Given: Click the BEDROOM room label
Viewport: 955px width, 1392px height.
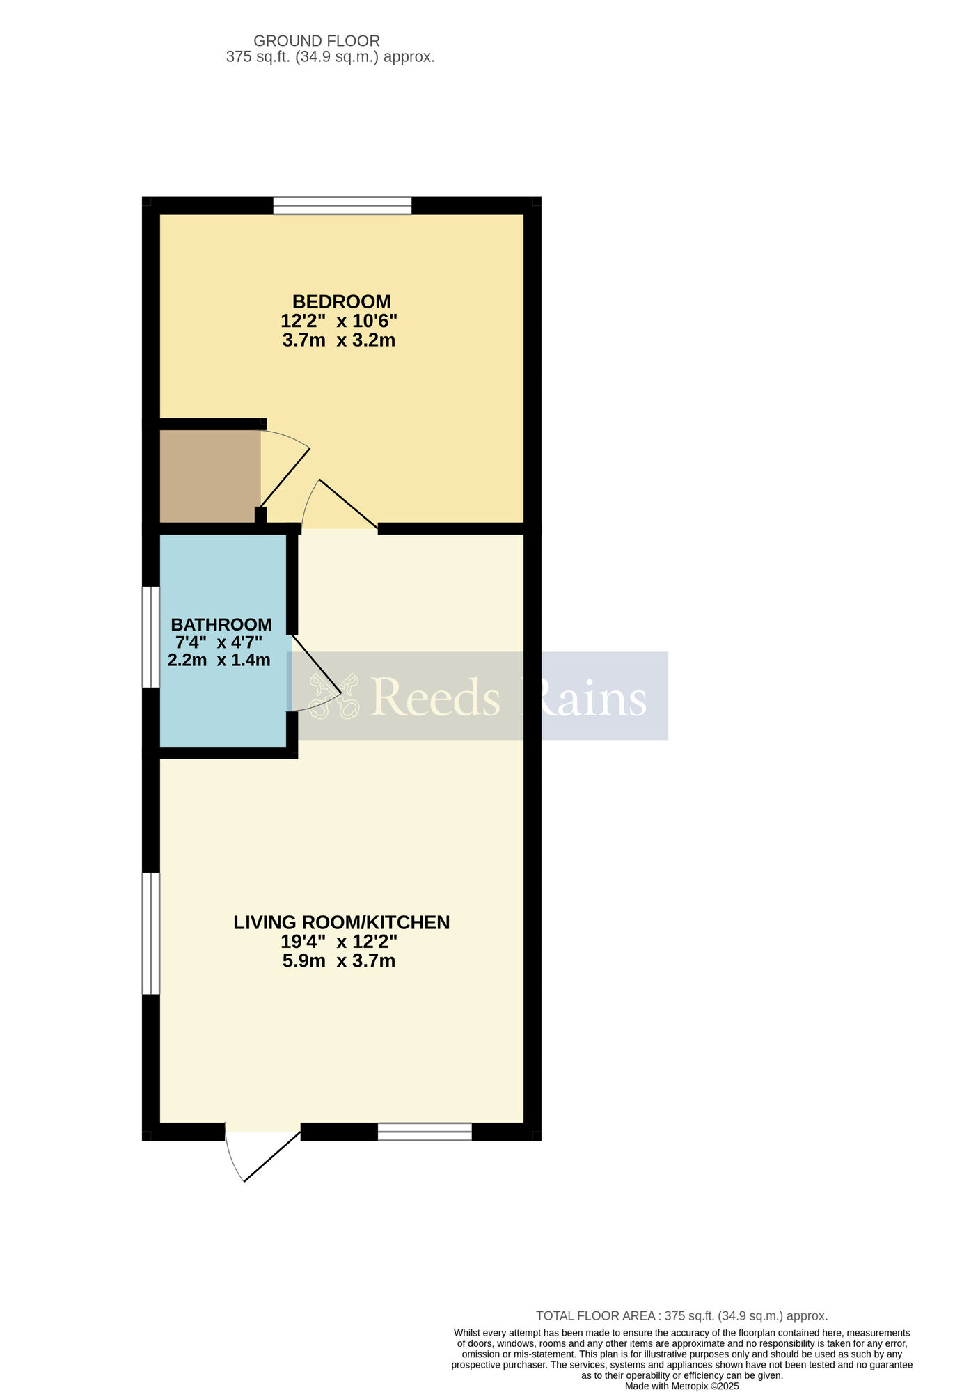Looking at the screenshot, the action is coord(341,302).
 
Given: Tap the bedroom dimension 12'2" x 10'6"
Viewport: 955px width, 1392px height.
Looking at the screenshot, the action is coord(339,321).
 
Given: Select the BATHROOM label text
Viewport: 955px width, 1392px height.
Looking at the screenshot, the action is coord(221,624).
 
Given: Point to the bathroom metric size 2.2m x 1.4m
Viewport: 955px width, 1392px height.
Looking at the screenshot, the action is coord(219,660).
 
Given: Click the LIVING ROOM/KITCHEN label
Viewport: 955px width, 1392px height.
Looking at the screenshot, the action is coord(342,922).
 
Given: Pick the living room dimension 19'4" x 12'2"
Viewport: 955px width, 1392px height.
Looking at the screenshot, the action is coord(339,942).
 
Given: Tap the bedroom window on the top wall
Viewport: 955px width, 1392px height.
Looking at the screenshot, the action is coord(342,205).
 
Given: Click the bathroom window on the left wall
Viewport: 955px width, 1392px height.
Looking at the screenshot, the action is coord(151,637).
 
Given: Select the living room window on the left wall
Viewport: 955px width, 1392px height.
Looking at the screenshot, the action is coord(151,933).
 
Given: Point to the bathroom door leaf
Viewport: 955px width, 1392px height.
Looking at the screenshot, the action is coord(316,665).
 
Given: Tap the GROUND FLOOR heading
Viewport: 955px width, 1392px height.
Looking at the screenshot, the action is coord(317,41).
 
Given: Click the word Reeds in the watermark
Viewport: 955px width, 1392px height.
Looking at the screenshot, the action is coord(436,697).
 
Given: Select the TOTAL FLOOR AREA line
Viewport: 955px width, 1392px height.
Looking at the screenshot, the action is coord(681,1316).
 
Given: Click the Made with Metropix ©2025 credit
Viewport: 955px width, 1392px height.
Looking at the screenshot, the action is coord(682,1386).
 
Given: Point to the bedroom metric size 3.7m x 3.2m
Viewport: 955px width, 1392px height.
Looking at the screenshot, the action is coord(339,340).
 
